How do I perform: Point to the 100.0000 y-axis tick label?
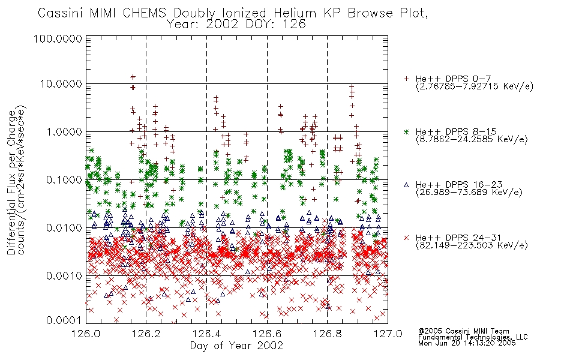(x=58, y=38)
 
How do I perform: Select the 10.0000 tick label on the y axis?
(x=61, y=84)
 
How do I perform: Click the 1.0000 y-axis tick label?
(x=64, y=132)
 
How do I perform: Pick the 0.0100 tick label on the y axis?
(x=64, y=228)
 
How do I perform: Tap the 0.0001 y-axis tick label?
(x=64, y=320)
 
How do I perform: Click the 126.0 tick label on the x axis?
(x=86, y=334)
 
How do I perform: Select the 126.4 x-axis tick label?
(x=206, y=334)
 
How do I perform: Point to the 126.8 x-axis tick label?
(x=327, y=334)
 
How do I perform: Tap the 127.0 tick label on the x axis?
(x=388, y=334)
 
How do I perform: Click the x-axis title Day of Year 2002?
(x=236, y=346)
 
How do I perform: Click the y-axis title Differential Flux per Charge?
(x=11, y=182)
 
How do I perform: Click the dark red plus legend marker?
(x=406, y=79)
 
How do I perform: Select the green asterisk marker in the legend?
(x=406, y=131)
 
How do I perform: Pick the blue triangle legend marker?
(x=406, y=185)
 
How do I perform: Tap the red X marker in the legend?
(x=406, y=238)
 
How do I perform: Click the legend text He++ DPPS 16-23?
(x=459, y=185)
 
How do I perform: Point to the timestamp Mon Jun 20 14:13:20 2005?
(x=467, y=343)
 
